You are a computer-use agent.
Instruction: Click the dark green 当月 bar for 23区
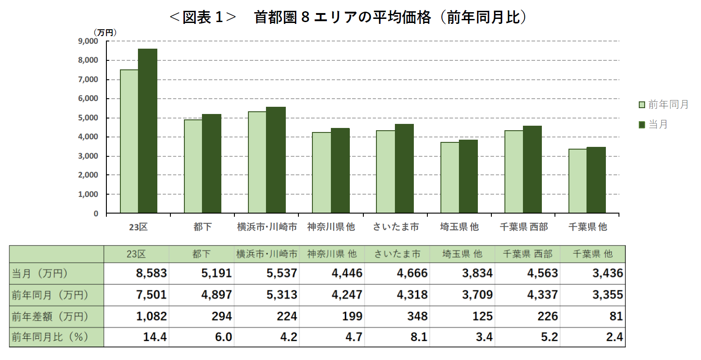148,131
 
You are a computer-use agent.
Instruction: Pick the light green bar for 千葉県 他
577,181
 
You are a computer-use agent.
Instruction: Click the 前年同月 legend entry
664,105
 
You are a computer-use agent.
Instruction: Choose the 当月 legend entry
654,125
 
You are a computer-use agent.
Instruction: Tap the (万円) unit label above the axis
105,32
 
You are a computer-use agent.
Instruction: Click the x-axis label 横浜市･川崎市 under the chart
267,227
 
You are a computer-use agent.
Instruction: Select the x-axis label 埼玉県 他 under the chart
459,227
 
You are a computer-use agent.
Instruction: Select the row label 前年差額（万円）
50,317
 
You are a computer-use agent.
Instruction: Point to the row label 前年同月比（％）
50,337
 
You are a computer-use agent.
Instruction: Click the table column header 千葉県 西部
527,254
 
